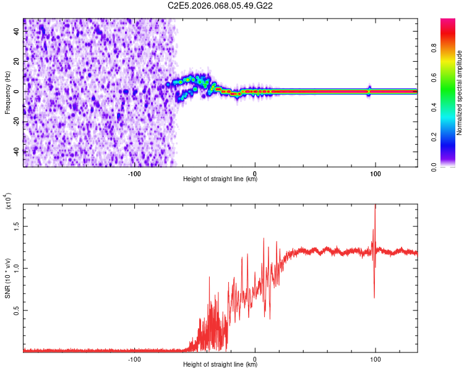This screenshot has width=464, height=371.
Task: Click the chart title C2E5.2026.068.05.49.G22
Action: pos(221,6)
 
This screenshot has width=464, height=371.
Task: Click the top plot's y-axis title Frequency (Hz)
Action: pos(7,93)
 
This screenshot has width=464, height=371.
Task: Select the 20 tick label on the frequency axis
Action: pos(17,61)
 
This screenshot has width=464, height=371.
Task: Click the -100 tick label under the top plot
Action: pos(134,173)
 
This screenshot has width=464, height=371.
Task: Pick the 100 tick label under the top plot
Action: pos(375,173)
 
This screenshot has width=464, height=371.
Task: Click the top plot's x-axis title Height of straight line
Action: pos(220,179)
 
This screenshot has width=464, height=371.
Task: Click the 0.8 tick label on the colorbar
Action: pos(450,48)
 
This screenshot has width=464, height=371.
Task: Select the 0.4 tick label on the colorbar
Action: pos(450,108)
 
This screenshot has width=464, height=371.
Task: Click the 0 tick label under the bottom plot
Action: pos(255,359)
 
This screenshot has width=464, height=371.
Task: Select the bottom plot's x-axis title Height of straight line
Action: pos(220,365)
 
